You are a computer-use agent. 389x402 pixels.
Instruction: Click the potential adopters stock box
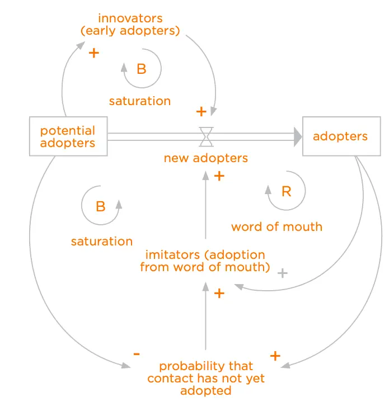[x=67, y=136]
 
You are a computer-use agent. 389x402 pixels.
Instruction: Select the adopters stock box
[x=340, y=136]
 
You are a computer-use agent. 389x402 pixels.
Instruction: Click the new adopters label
[x=205, y=158]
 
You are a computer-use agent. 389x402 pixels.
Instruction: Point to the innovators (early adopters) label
[x=130, y=25]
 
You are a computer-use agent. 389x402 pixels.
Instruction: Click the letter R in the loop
[x=286, y=192]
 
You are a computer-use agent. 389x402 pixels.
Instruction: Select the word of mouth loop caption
[x=276, y=226]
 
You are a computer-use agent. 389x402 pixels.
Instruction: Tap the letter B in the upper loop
[x=141, y=69]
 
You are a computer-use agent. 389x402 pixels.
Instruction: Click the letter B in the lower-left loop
[x=100, y=206]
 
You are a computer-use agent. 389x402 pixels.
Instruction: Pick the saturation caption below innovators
[x=139, y=101]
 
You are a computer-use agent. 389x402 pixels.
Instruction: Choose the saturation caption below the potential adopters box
[x=101, y=242]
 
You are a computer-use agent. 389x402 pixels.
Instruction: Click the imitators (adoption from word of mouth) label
[x=205, y=261]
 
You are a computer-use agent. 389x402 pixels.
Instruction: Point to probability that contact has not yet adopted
[x=206, y=379]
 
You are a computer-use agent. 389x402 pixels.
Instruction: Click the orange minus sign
[x=136, y=354]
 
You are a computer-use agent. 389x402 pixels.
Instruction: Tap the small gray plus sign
[x=283, y=273]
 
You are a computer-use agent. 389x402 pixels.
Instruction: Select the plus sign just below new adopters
[x=219, y=176]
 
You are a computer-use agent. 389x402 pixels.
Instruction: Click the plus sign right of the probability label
[x=275, y=356]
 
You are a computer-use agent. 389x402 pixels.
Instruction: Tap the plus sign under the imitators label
[x=219, y=293]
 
